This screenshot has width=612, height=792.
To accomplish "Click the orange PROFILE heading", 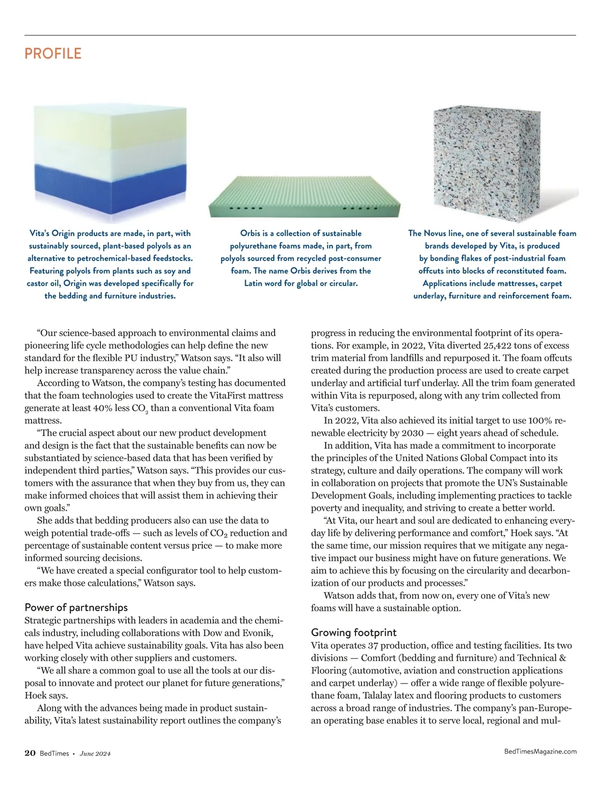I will click(53, 54).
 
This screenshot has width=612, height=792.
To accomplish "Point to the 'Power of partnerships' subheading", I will click(76, 607).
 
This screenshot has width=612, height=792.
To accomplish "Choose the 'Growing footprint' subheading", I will click(353, 632).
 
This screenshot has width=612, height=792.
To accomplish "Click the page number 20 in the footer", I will click(30, 753).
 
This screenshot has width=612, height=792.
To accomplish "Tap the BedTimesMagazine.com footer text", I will click(540, 751).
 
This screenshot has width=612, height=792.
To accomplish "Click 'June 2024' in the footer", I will click(95, 754).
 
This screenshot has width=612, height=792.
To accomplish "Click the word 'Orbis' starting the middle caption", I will click(250, 233).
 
